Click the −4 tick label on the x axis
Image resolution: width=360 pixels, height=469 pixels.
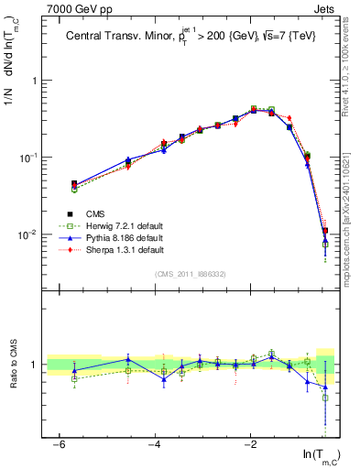155,443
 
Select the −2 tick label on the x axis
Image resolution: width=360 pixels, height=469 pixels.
250,443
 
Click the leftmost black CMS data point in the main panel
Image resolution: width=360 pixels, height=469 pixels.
74,184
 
